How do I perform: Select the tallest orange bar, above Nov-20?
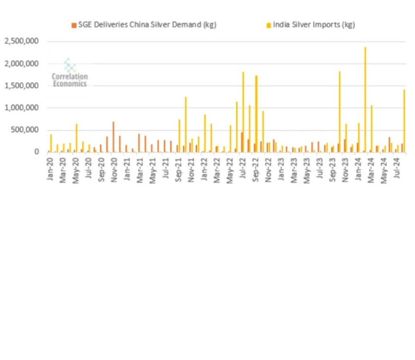point(113,137)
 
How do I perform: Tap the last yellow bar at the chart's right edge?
point(404,121)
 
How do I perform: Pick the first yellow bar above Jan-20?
point(51,143)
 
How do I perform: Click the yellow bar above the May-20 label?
point(76,138)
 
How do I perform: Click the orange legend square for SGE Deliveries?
point(74,25)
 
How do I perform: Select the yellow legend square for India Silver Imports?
point(268,25)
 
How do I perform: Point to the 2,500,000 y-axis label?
point(22,41)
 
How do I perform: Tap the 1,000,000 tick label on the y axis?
point(22,108)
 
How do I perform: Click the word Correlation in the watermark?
point(70,76)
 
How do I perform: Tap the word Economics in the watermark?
point(70,84)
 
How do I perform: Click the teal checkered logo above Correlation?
point(70,65)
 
